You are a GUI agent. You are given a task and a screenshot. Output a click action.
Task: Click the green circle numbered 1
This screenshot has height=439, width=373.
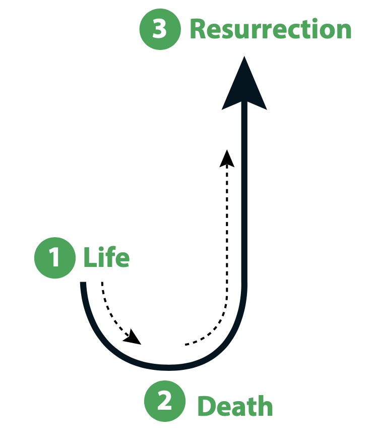tap(55, 258)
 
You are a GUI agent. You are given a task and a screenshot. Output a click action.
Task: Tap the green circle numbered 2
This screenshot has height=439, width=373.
tap(165, 401)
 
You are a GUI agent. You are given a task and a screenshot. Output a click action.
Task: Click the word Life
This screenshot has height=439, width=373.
tap(106, 258)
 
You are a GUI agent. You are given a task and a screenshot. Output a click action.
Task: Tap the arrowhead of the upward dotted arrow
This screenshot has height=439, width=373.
tap(227, 157)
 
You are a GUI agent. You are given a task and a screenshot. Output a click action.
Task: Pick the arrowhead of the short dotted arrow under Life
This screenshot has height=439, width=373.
tap(134, 337)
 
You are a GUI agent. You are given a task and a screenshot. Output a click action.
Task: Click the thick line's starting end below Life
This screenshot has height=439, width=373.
tap(83, 285)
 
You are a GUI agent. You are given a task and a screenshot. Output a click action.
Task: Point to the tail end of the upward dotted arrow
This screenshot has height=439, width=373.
tap(186, 344)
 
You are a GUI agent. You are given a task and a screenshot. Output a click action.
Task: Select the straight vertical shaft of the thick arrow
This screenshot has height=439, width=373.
tap(244, 202)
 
